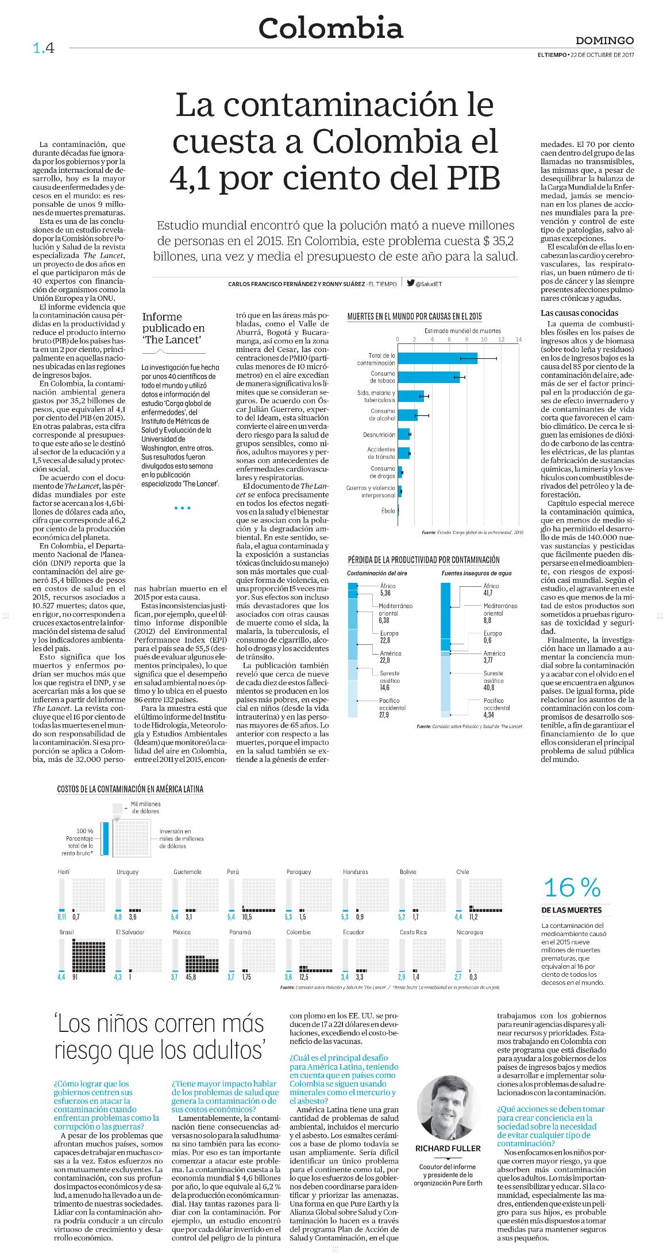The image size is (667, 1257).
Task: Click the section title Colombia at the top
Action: pos(330,28)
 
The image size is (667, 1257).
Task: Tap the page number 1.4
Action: pos(44,48)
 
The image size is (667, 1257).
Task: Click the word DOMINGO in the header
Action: pos(604,41)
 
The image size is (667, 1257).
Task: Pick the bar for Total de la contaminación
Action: pos(437,358)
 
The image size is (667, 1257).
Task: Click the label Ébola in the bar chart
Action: pos(388,510)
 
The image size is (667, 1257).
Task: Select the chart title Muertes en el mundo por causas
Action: pos(414,316)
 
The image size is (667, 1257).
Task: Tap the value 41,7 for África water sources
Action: pos(489,593)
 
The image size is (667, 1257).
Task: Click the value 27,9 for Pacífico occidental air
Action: pos(384,715)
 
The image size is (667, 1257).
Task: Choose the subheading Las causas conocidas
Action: pos(572,313)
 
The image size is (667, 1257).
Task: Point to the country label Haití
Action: pos(64,872)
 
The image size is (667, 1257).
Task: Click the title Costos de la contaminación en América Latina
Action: pos(130,789)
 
